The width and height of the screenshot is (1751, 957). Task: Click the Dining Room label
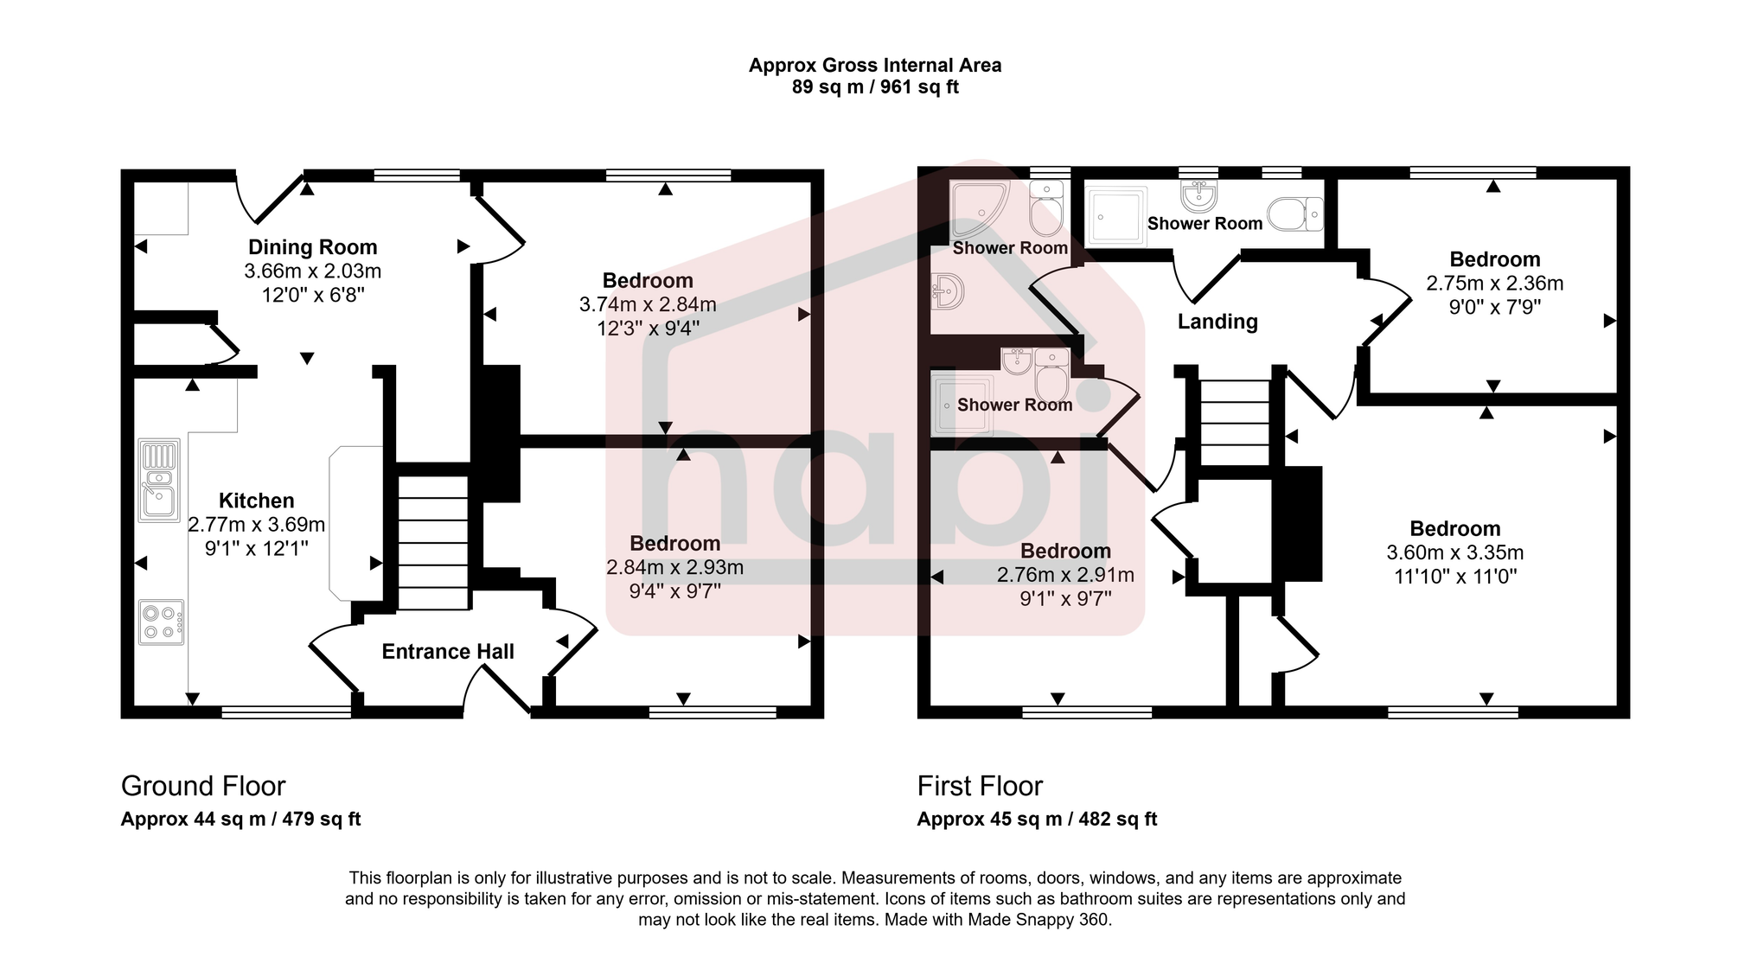tap(312, 247)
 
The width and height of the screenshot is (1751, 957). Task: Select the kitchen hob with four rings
tap(162, 622)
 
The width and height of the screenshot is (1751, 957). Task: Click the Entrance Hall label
tap(448, 652)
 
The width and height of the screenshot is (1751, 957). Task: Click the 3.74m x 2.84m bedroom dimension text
tap(648, 304)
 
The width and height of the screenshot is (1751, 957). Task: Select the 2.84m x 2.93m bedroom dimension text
tap(674, 567)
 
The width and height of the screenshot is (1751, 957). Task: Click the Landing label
tap(1217, 322)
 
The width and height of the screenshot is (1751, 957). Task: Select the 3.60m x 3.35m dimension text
tap(1455, 552)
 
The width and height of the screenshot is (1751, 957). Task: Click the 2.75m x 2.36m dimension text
tap(1494, 284)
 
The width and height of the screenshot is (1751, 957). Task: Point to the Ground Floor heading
tap(203, 786)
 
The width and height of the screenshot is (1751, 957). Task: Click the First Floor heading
tap(980, 786)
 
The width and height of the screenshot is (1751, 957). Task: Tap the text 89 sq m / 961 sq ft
tap(875, 87)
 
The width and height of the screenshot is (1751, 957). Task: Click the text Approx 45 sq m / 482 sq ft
tap(1037, 820)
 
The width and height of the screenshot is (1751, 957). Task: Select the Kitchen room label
tap(256, 501)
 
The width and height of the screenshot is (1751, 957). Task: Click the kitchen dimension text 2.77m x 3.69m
tap(256, 525)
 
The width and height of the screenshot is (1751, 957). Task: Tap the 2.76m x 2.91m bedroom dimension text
tap(1065, 575)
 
